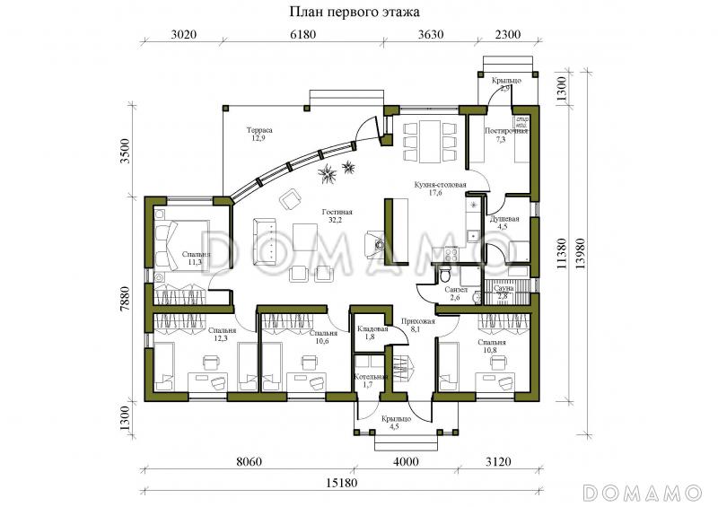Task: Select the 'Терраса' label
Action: [x=260, y=131]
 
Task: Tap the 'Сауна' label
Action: [x=503, y=289]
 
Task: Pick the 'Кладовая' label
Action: [x=371, y=330]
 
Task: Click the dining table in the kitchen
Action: [x=424, y=140]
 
